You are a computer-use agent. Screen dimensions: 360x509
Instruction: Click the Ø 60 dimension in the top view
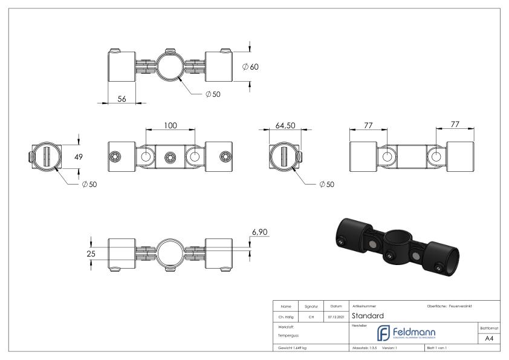[x=250, y=67]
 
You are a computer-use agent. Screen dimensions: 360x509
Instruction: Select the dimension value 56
[x=122, y=99]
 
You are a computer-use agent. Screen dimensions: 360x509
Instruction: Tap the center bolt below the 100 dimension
[x=170, y=157]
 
